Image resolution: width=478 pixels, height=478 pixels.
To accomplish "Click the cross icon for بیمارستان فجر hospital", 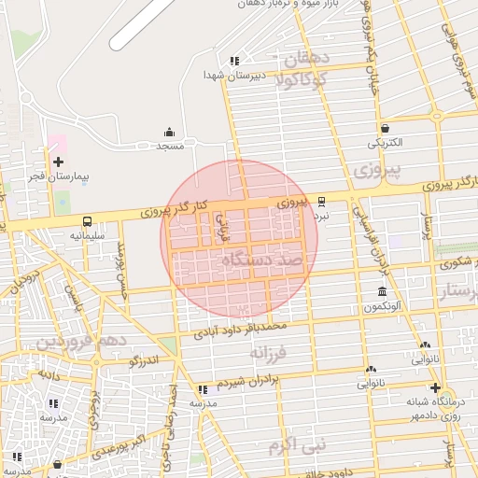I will [59, 162].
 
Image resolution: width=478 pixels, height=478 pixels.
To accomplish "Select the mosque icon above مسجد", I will [169, 132].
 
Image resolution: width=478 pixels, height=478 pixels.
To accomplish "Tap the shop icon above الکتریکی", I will [385, 128].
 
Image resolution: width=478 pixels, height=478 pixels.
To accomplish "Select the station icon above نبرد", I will [321, 201].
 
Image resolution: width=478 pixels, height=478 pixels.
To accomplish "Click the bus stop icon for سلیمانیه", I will [87, 222].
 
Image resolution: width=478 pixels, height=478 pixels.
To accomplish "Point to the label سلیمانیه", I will [87, 236].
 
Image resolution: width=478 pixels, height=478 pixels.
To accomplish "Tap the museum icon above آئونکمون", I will [381, 292].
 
